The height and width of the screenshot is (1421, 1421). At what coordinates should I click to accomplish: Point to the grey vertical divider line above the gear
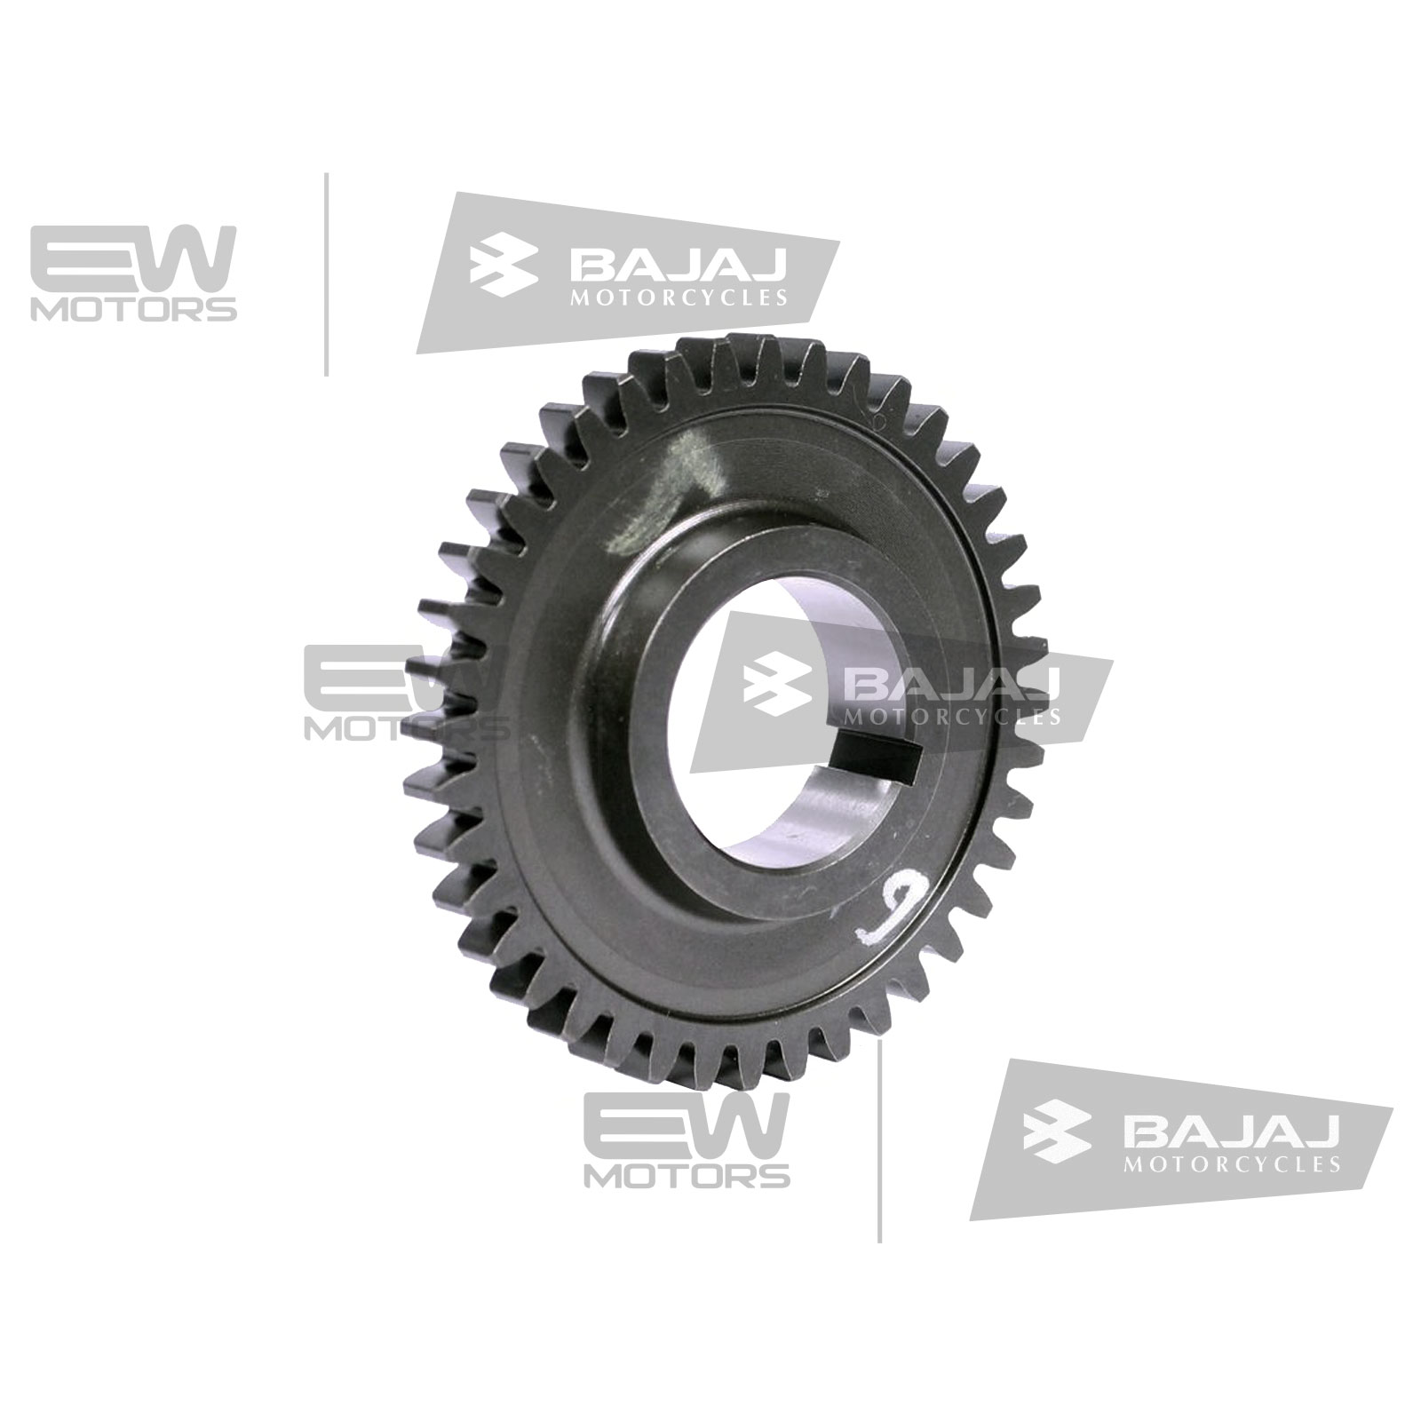pyautogui.click(x=328, y=274)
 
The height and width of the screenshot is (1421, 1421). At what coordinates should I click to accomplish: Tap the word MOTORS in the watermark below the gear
pyautogui.click(x=687, y=1177)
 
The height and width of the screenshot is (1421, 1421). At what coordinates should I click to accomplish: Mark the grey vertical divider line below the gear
pyautogui.click(x=879, y=1140)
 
